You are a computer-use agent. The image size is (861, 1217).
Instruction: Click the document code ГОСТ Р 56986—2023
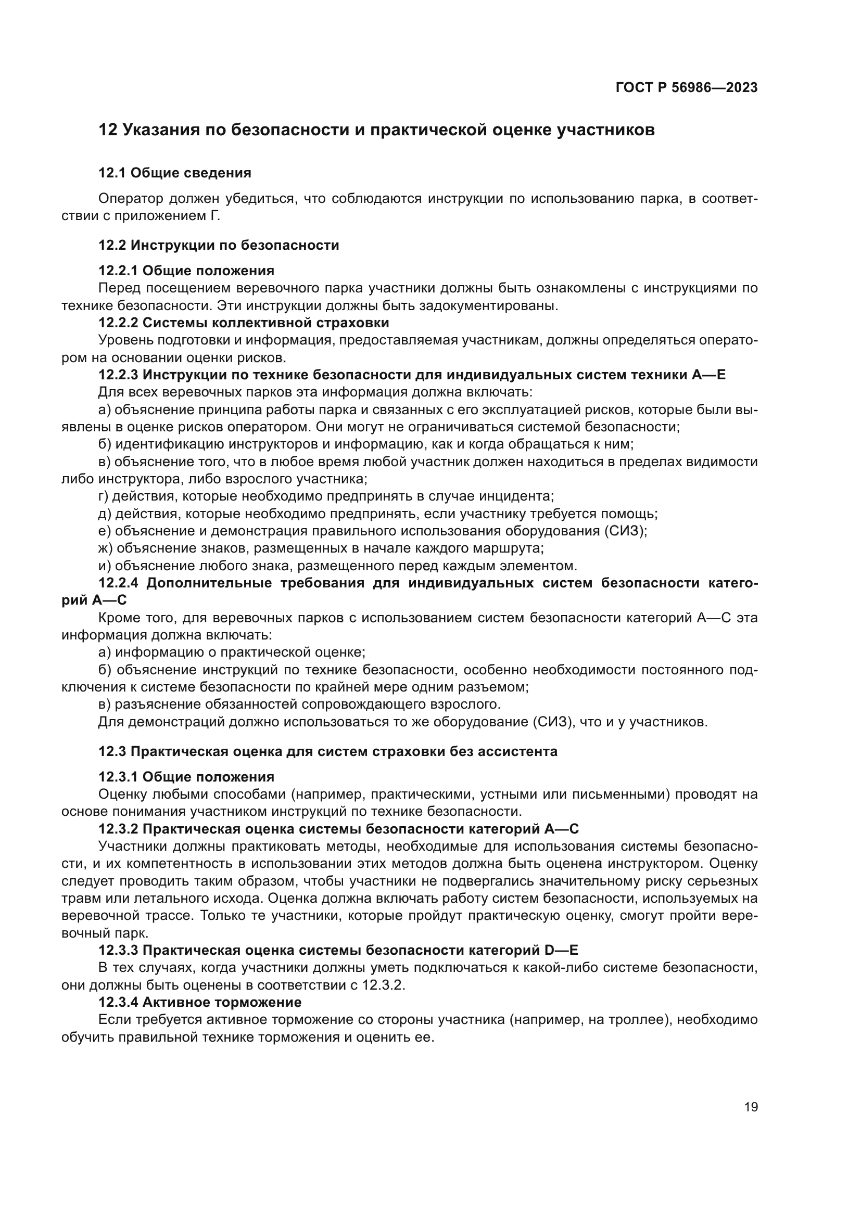[x=686, y=88]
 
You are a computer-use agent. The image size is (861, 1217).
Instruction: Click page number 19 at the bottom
[x=751, y=1107]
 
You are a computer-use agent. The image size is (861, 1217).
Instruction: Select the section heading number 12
[x=108, y=130]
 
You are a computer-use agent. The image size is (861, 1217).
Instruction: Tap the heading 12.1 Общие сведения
[x=175, y=173]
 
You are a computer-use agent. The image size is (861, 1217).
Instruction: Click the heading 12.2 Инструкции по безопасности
[x=219, y=245]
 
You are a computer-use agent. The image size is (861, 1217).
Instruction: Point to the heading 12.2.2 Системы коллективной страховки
[x=244, y=323]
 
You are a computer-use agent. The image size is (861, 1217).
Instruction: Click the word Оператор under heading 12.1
[x=131, y=199]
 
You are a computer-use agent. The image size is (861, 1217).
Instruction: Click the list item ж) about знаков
[x=321, y=548]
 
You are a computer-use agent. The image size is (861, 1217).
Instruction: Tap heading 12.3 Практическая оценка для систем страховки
[x=327, y=752]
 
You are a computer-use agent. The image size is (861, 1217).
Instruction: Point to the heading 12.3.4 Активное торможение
[x=200, y=1002]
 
